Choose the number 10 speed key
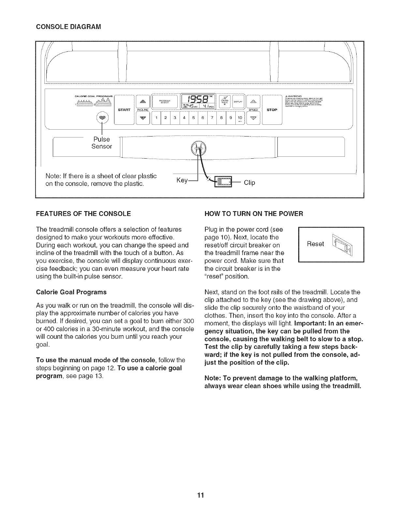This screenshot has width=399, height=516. (x=240, y=118)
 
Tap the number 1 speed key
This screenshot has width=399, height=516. (x=157, y=118)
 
